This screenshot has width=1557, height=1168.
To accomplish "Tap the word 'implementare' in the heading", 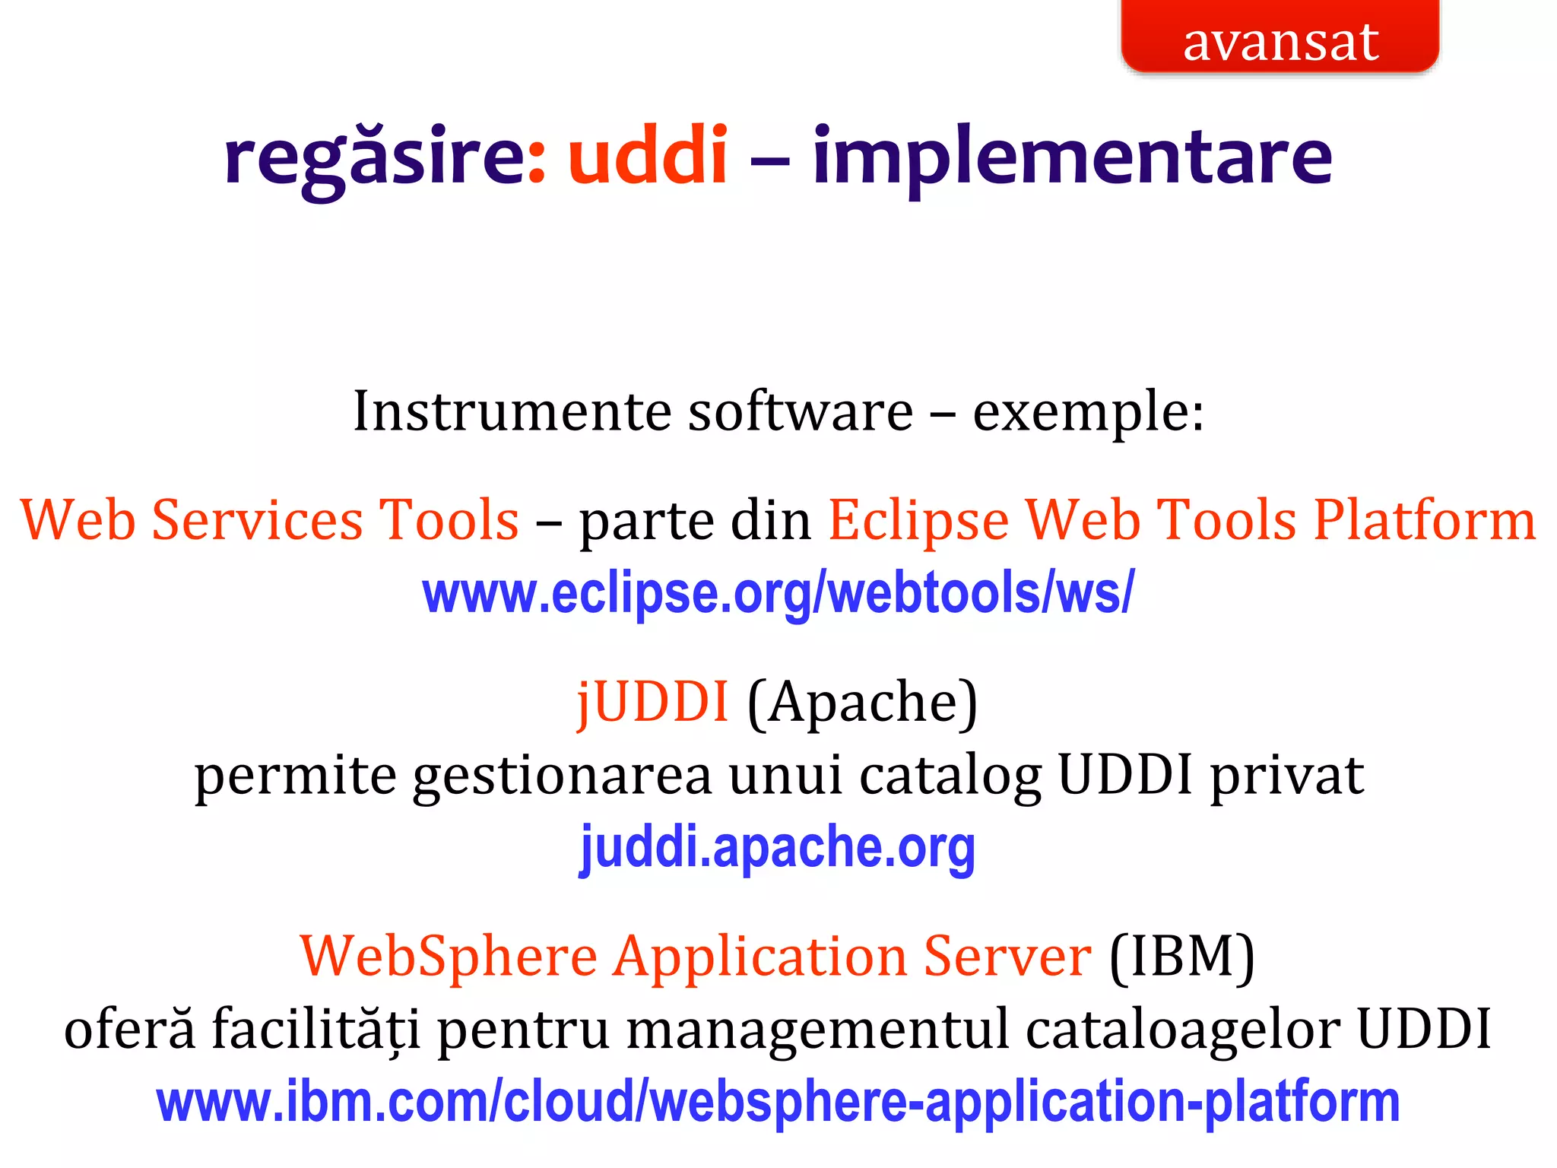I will click(1072, 157).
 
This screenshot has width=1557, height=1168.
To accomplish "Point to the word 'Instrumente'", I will click(513, 411).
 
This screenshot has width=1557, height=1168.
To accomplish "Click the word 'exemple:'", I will click(1089, 413).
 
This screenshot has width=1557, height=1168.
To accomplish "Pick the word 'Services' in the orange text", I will click(258, 520).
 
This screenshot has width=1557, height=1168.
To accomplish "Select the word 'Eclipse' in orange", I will click(918, 522).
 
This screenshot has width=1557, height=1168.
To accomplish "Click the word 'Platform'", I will click(1425, 522).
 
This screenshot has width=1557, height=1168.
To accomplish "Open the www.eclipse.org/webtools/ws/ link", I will click(778, 594).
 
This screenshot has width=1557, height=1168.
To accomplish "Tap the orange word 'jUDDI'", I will click(653, 701).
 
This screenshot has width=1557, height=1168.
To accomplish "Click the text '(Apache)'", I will click(862, 703).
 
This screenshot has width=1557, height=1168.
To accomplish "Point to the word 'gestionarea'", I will click(562, 776).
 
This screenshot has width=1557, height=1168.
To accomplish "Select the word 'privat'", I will click(1287, 776).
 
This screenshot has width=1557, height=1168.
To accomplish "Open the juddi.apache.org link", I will click(778, 848).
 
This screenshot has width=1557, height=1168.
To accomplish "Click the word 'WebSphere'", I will click(449, 956).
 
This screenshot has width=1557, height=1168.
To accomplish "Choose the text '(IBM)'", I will click(1181, 957).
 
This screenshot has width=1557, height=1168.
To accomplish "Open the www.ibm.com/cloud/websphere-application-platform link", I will click(778, 1102).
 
